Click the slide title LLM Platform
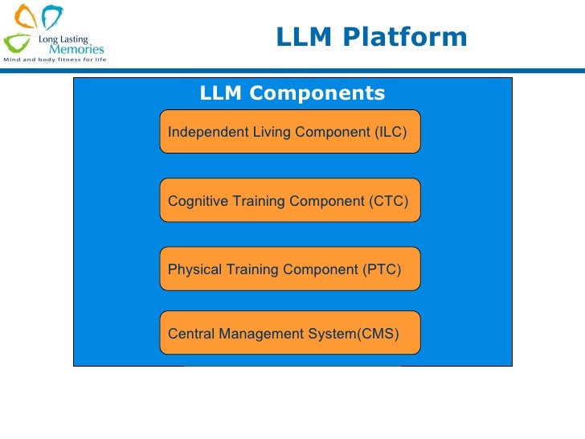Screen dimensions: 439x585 click(x=370, y=37)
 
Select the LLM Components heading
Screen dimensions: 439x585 click(x=292, y=93)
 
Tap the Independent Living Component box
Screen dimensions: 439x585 click(x=290, y=131)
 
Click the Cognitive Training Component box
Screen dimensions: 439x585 click(x=290, y=200)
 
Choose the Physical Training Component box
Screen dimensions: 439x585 click(x=290, y=269)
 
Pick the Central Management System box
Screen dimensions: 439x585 click(x=290, y=332)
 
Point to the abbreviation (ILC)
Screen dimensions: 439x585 click(x=391, y=132)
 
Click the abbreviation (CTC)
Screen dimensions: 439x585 click(x=390, y=201)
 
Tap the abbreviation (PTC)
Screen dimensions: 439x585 click(x=382, y=269)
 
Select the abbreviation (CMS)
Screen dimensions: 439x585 click(x=378, y=333)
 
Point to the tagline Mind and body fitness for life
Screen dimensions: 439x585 click(x=55, y=60)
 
